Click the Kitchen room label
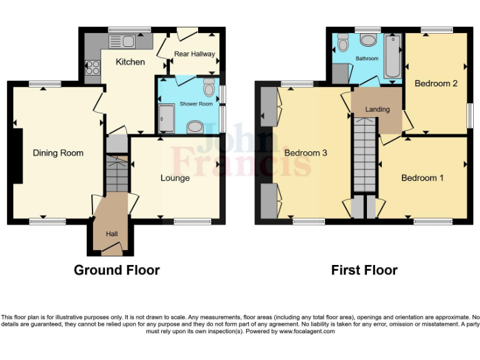point(130,62)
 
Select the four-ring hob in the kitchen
point(92,66)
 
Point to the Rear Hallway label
point(194,54)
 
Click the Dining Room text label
point(58,152)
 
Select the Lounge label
point(175,178)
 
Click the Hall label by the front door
point(112,234)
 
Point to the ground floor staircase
point(116,174)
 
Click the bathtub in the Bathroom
point(394,56)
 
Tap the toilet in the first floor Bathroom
point(342,42)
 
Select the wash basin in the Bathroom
point(368,41)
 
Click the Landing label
point(377,109)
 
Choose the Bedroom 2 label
point(436,83)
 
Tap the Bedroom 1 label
point(422,178)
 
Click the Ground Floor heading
point(117,270)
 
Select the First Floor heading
point(364,270)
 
